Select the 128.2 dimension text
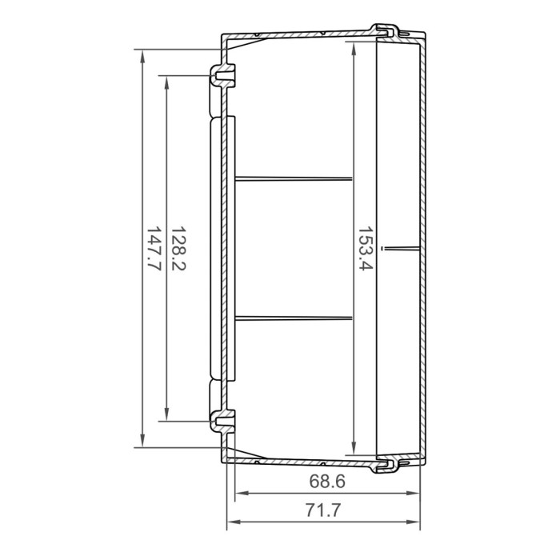(x=178, y=248)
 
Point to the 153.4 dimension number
(x=365, y=249)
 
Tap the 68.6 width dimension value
(x=326, y=482)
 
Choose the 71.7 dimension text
(x=326, y=509)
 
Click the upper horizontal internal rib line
(x=294, y=178)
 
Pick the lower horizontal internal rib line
(x=294, y=318)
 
